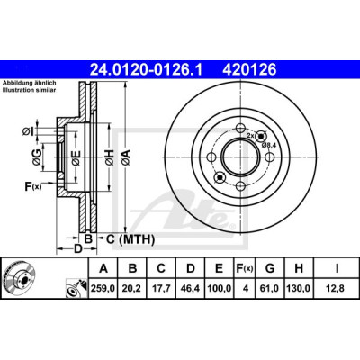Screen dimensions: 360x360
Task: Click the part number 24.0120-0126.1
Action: coord(147,70)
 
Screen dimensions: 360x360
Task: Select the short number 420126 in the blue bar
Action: coord(249,70)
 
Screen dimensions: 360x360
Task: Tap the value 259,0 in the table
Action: coord(103,289)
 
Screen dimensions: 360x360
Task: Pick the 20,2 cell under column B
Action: coord(132,289)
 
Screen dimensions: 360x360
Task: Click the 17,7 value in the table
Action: coord(161,289)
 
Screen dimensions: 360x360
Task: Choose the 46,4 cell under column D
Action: coord(190,289)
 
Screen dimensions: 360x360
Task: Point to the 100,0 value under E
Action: coord(220,289)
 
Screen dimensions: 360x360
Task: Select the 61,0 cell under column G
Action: coord(270,289)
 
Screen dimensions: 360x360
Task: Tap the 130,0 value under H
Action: coord(299,289)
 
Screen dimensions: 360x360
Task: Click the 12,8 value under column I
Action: coord(337,289)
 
